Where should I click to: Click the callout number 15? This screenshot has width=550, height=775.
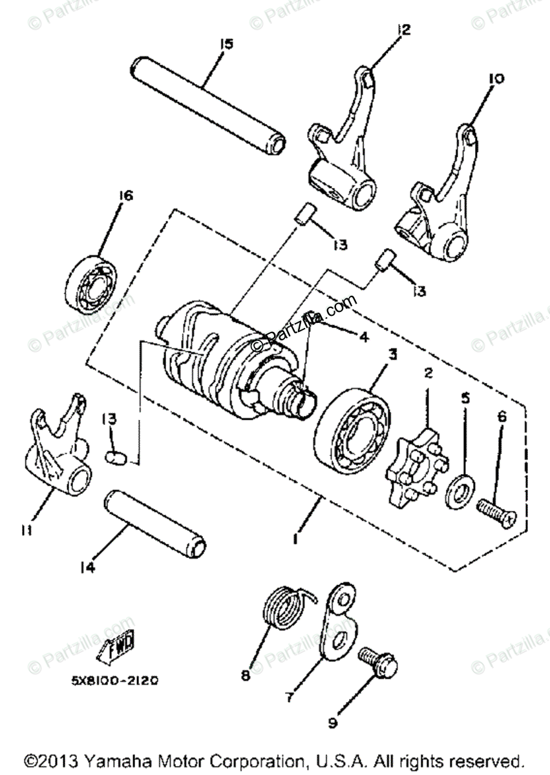226,44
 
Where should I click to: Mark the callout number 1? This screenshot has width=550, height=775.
295,539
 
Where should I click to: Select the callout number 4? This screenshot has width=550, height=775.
364,336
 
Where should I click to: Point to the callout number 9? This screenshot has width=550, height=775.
332,723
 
